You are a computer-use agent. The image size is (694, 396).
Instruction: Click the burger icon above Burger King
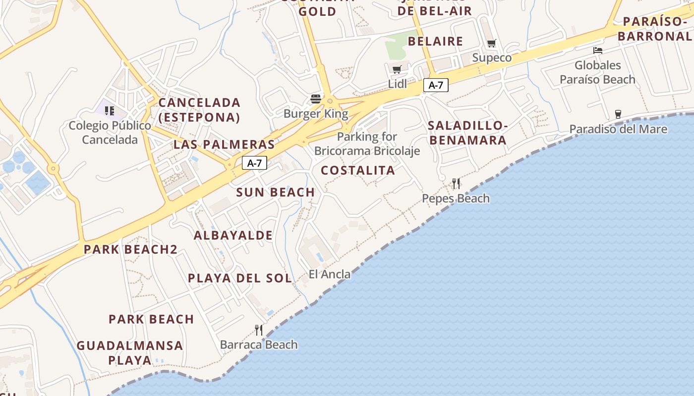316,99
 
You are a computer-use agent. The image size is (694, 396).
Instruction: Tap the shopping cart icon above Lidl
397,69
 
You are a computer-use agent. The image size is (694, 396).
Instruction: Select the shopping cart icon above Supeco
491,43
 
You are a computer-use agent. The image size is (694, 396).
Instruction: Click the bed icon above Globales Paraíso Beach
598,50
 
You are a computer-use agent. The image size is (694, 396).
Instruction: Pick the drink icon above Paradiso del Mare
618,114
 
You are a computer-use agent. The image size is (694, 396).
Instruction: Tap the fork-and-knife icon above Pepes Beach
456,184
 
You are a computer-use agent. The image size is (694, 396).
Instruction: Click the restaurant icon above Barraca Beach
258,330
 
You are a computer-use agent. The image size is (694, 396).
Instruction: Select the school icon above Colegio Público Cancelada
110,110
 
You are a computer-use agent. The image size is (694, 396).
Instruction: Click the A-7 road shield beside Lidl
436,85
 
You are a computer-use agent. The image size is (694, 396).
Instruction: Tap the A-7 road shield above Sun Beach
254,163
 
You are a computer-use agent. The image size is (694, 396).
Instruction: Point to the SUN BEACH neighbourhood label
275,193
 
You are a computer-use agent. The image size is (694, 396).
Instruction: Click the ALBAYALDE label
233,235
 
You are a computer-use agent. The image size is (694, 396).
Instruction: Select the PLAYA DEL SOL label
240,278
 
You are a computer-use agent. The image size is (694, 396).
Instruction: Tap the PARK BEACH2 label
130,249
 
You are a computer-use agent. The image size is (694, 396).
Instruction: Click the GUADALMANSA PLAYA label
130,352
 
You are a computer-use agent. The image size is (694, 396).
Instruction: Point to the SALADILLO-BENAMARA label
468,133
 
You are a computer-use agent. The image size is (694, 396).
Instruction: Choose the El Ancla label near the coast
330,274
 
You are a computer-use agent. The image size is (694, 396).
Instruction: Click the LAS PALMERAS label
224,145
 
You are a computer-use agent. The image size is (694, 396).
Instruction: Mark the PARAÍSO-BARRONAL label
654,29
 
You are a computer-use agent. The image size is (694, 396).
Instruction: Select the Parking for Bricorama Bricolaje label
367,144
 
